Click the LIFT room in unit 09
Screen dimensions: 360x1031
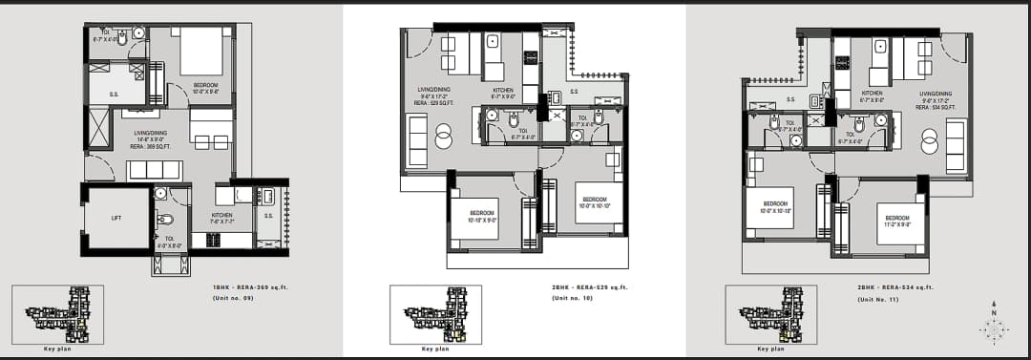[116, 218]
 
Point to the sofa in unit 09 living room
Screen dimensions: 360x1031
[154, 170]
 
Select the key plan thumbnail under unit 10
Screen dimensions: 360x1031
[435, 314]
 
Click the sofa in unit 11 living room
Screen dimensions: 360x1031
[956, 146]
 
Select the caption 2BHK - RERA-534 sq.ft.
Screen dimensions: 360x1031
[894, 286]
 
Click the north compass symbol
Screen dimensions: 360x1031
[994, 328]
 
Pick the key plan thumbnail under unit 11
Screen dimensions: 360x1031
[770, 314]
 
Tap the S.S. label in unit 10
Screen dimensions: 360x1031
[575, 92]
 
